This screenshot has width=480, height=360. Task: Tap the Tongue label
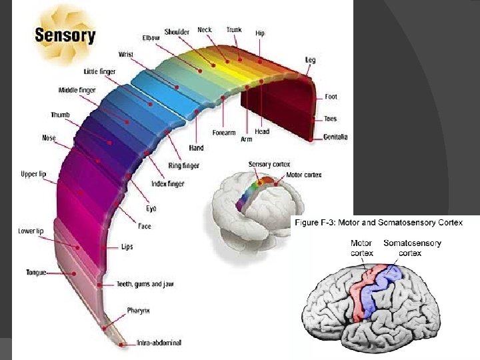click(x=36, y=273)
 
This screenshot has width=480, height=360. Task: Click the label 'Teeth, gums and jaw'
click(x=145, y=284)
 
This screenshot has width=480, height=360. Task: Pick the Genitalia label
click(x=335, y=137)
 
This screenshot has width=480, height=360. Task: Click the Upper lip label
click(x=33, y=174)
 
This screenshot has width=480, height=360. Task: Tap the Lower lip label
click(x=30, y=231)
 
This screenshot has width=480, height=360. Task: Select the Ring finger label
click(x=185, y=165)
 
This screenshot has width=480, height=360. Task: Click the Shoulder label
click(x=177, y=31)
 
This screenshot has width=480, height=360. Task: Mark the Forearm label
click(x=223, y=133)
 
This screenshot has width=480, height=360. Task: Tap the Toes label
click(x=331, y=119)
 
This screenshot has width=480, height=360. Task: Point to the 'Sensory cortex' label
click(x=269, y=164)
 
